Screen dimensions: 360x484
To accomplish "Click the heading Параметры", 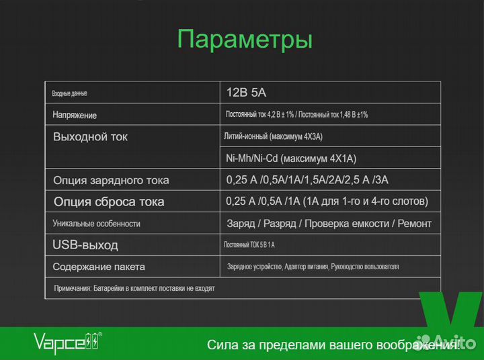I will coord(245,39).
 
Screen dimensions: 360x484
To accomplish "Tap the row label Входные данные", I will coord(70,93).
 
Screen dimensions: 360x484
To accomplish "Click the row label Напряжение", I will coord(75,116).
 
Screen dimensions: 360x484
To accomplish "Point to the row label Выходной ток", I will coord(90,137).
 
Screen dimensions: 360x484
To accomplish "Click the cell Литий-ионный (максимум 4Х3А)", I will coord(273,137).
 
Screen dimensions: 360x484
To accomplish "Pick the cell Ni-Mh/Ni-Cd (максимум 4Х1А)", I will coord(291,159).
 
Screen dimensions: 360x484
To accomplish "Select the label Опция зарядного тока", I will coord(111,180).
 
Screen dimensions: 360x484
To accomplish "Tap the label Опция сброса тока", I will coord(109,201).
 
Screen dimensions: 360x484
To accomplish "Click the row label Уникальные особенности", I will coord(96,224).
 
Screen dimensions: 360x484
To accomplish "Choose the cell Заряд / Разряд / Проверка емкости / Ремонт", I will coord(329,224).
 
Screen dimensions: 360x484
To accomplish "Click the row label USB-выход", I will coord(85,244).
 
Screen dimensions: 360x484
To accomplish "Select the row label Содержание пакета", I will coord(99,267).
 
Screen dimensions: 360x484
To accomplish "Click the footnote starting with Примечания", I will coord(134,288).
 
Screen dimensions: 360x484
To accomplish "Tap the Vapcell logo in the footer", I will coord(68,343).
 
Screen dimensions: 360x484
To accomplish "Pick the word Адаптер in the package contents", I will coord(298,267).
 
